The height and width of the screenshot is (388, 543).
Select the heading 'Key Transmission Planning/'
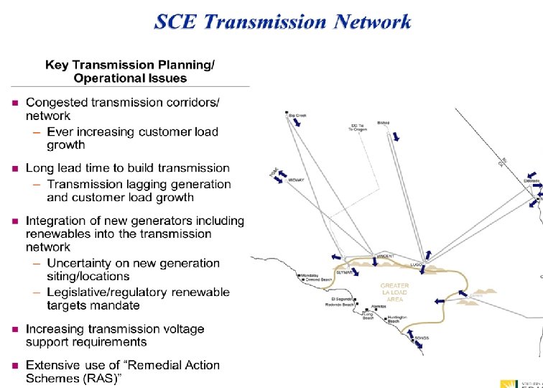click(x=129, y=65)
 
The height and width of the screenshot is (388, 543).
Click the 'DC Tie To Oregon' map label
click(x=358, y=128)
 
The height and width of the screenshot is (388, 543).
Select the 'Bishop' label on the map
click(x=383, y=123)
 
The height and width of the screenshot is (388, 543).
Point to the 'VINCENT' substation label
click(x=385, y=257)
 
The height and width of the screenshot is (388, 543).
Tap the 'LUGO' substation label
click(x=416, y=264)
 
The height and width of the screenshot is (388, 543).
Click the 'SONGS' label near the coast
click(x=422, y=336)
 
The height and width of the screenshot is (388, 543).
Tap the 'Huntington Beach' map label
click(x=397, y=319)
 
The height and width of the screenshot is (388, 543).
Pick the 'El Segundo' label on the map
click(x=342, y=299)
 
